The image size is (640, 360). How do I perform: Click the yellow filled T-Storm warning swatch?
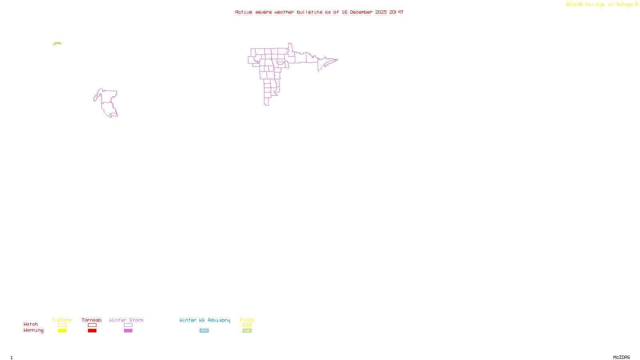tap(62, 331)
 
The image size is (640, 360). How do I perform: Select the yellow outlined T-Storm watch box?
tap(62, 325)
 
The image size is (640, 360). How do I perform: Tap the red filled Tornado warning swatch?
tap(92, 331)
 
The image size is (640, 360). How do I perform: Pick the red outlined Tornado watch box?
tap(92, 325)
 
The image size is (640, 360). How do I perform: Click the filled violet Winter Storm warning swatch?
tap(128, 331)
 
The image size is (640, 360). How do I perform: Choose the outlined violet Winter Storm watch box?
tap(128, 325)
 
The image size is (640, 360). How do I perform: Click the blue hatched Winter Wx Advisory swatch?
tap(204, 331)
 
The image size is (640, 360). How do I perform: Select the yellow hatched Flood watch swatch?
tap(247, 325)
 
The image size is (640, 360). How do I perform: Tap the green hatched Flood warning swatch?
tap(247, 331)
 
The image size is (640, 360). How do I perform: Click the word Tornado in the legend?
tap(92, 320)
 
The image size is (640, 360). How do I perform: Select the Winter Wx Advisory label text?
tap(205, 320)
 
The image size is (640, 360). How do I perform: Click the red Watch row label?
tap(31, 324)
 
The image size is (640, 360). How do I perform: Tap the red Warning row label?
tap(33, 330)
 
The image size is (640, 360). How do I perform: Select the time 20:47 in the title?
tap(396, 12)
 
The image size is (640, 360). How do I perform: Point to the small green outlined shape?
tap(57, 44)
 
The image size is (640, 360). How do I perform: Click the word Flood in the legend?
tap(247, 320)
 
